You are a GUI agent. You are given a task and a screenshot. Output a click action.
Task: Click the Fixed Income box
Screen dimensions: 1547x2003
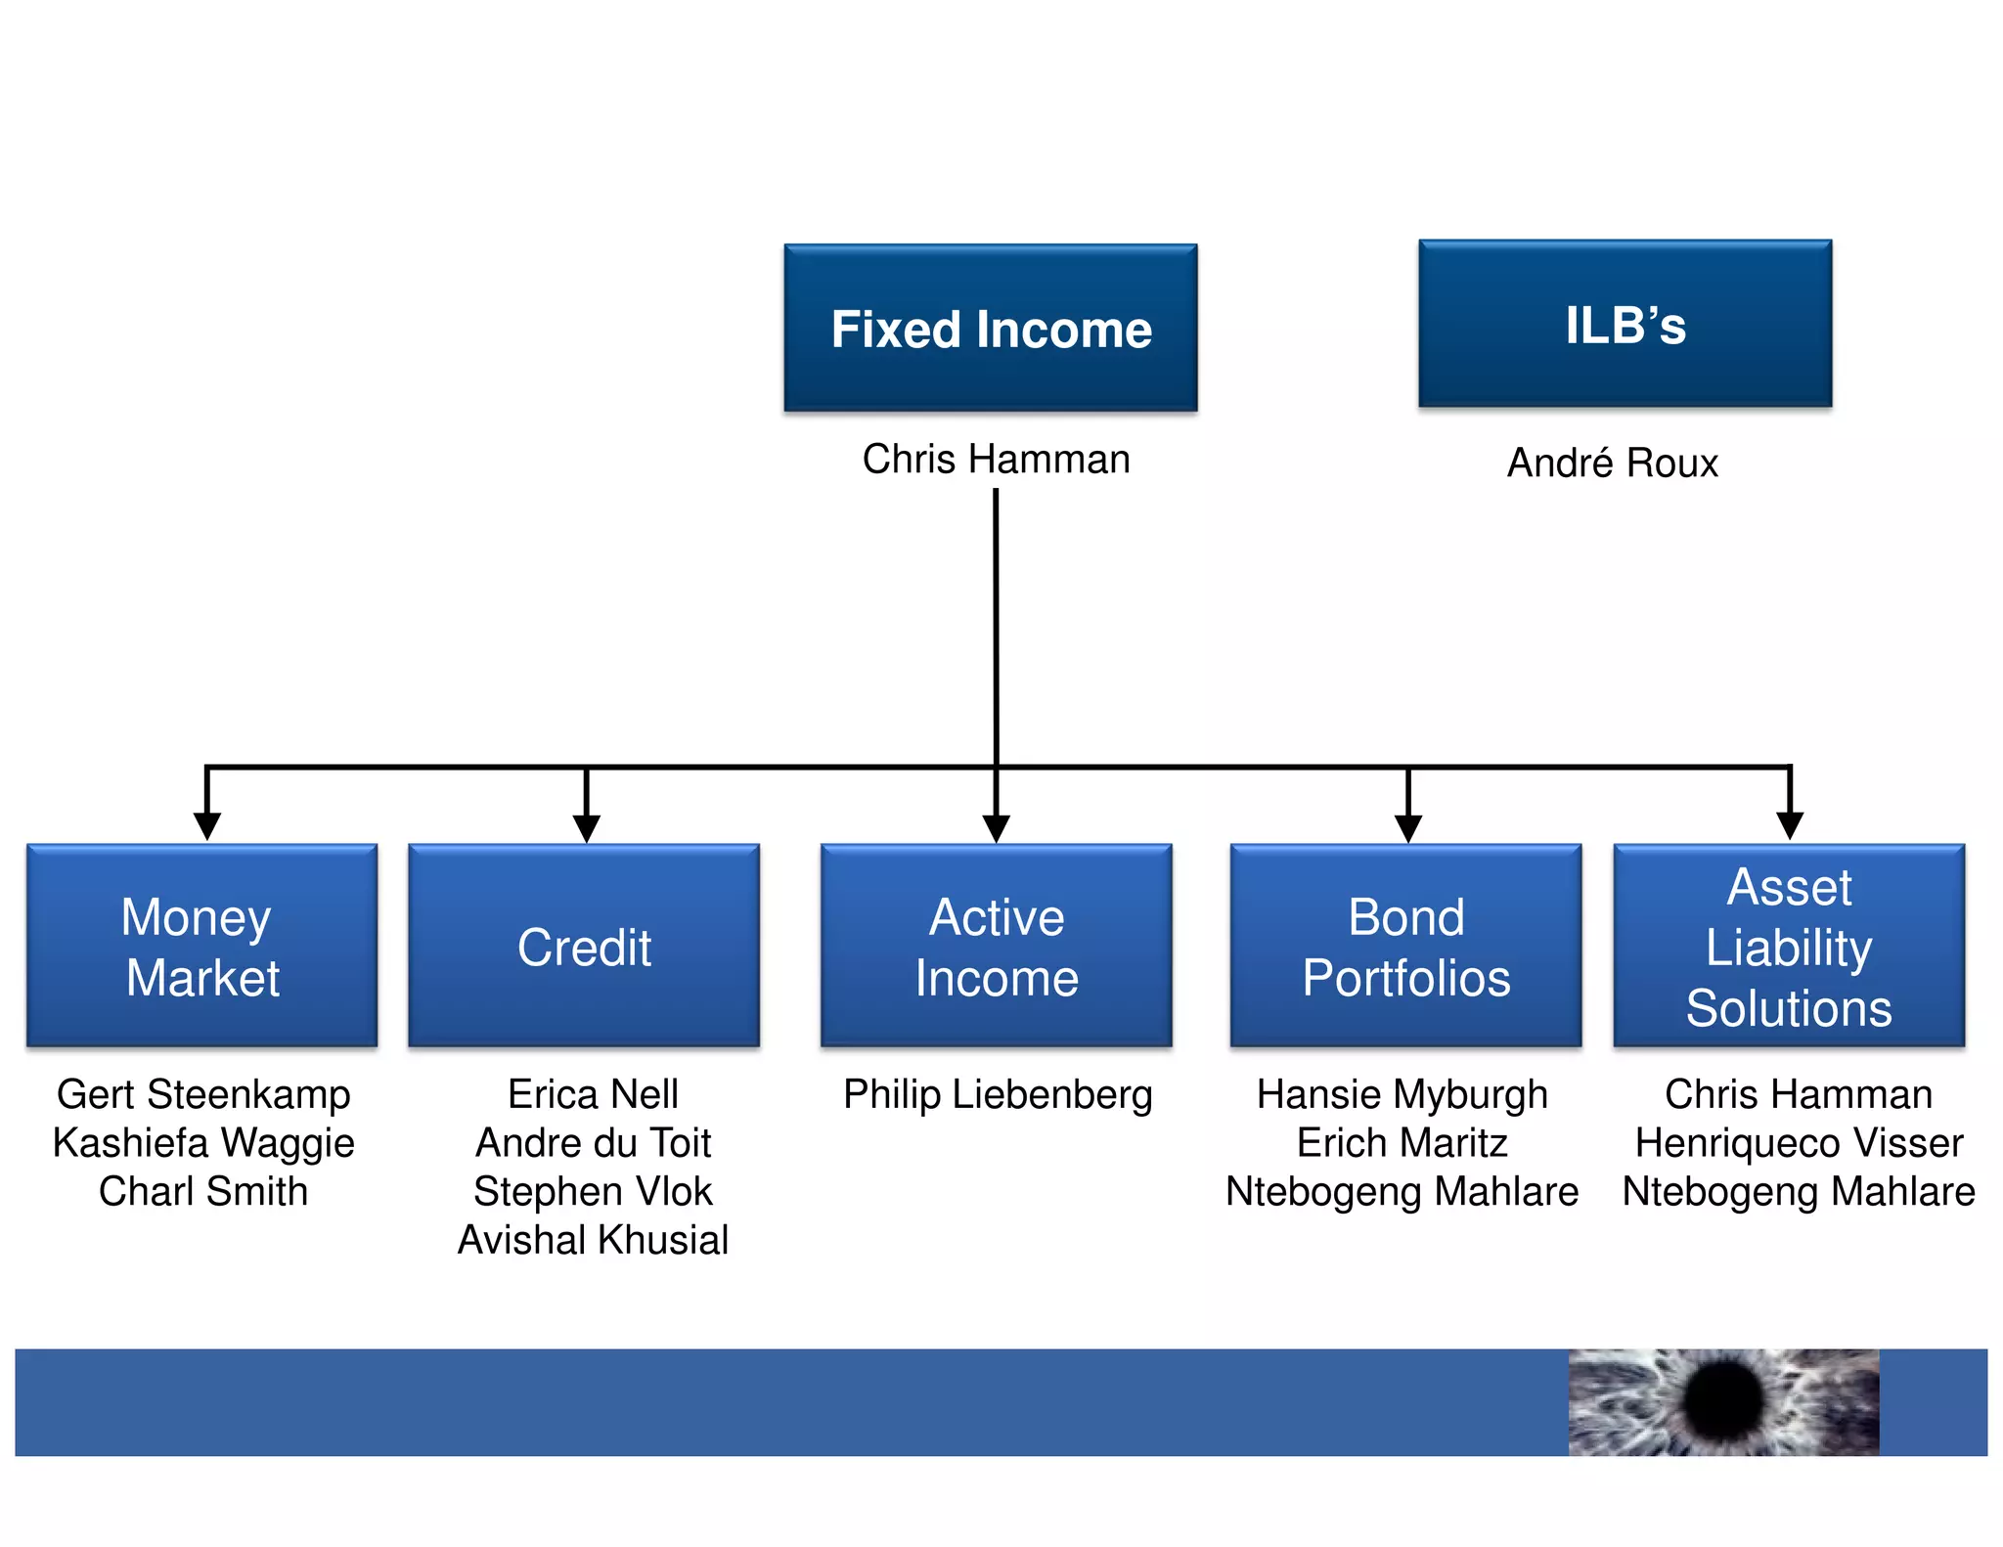(990, 328)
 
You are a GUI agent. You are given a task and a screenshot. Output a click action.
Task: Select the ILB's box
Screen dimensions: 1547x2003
(1625, 324)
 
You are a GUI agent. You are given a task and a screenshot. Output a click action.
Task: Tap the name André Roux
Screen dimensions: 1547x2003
(1612, 463)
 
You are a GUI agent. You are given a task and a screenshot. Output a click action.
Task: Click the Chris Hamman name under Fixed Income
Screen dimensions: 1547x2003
(996, 459)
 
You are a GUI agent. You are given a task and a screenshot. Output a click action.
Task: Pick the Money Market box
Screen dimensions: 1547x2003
(202, 946)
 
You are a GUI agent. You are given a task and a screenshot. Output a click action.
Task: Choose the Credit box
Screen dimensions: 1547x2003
(584, 946)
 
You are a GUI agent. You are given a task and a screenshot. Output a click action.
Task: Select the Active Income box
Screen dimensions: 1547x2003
(996, 946)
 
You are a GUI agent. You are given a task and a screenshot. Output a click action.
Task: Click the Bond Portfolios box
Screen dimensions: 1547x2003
(1405, 946)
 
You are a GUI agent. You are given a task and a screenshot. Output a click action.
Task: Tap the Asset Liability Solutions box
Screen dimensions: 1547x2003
(1789, 946)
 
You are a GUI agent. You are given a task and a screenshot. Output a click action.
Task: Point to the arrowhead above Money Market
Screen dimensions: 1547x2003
(206, 826)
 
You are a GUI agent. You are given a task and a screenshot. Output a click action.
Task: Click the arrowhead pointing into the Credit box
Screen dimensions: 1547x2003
(586, 828)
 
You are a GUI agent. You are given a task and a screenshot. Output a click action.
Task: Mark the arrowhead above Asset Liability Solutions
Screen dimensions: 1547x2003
(1790, 826)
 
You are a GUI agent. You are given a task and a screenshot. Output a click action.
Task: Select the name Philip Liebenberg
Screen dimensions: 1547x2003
(998, 1094)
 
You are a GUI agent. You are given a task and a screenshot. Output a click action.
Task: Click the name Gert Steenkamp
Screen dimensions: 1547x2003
(203, 1094)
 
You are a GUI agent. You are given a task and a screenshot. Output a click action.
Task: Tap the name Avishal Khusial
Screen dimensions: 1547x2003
(593, 1240)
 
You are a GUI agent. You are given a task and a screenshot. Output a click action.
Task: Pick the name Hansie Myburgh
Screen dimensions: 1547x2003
(1402, 1094)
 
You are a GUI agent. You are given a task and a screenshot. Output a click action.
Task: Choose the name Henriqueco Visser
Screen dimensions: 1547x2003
(1799, 1143)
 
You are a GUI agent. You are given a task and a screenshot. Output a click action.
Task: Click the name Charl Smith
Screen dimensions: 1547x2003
(203, 1191)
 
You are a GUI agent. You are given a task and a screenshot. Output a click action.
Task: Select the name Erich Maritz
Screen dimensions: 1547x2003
(1402, 1143)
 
